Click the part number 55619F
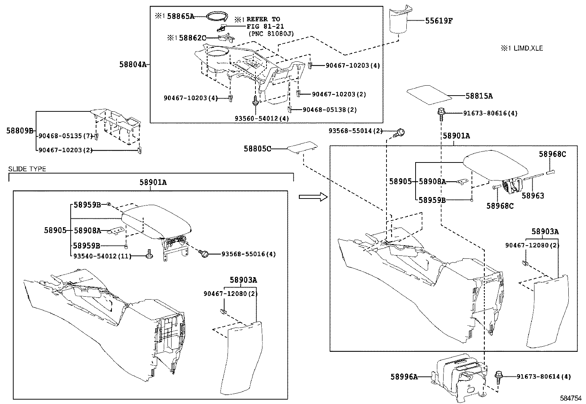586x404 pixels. [x=439, y=21]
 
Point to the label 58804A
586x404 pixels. [x=133, y=65]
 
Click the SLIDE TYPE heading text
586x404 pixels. [x=27, y=169]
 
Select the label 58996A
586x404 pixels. [x=404, y=377]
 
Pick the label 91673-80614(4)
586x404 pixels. [x=544, y=376]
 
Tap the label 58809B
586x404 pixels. [x=20, y=131]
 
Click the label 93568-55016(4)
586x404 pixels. [x=248, y=254]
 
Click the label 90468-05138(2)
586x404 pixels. [x=329, y=110]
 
